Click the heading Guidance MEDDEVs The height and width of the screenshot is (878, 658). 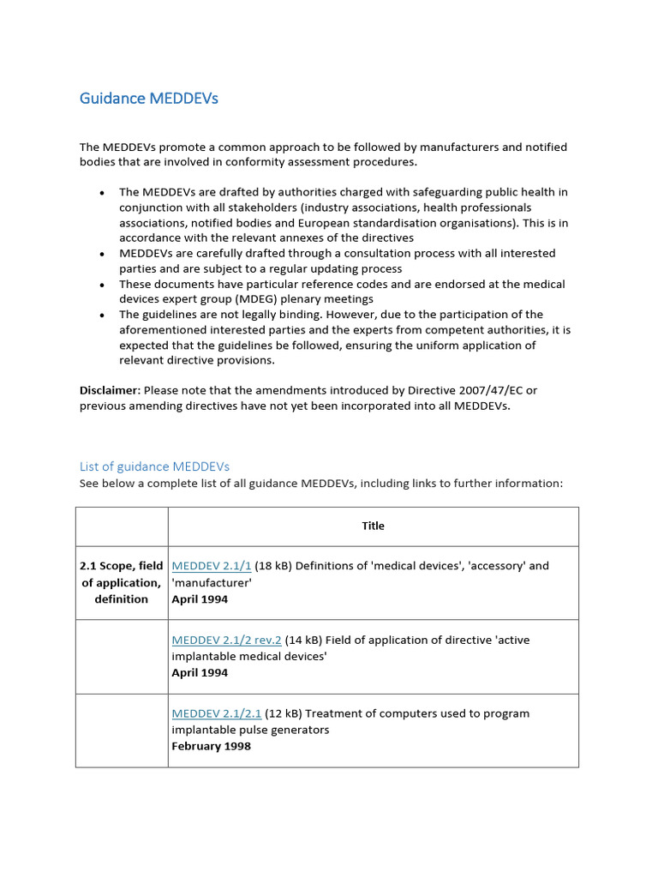148,99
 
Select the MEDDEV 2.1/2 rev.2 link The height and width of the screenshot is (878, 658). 226,640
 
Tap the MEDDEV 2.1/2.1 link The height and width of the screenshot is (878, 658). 217,713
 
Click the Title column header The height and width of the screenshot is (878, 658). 373,526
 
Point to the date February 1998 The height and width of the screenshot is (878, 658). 211,746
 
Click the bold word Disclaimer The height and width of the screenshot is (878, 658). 109,390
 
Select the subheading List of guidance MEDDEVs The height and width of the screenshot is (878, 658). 154,466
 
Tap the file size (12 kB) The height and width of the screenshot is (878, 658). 284,713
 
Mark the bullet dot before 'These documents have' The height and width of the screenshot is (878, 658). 102,285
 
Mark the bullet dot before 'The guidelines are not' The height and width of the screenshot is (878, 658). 102,316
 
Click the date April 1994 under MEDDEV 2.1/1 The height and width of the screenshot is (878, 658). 200,598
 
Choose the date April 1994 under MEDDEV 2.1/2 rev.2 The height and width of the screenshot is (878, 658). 200,672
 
